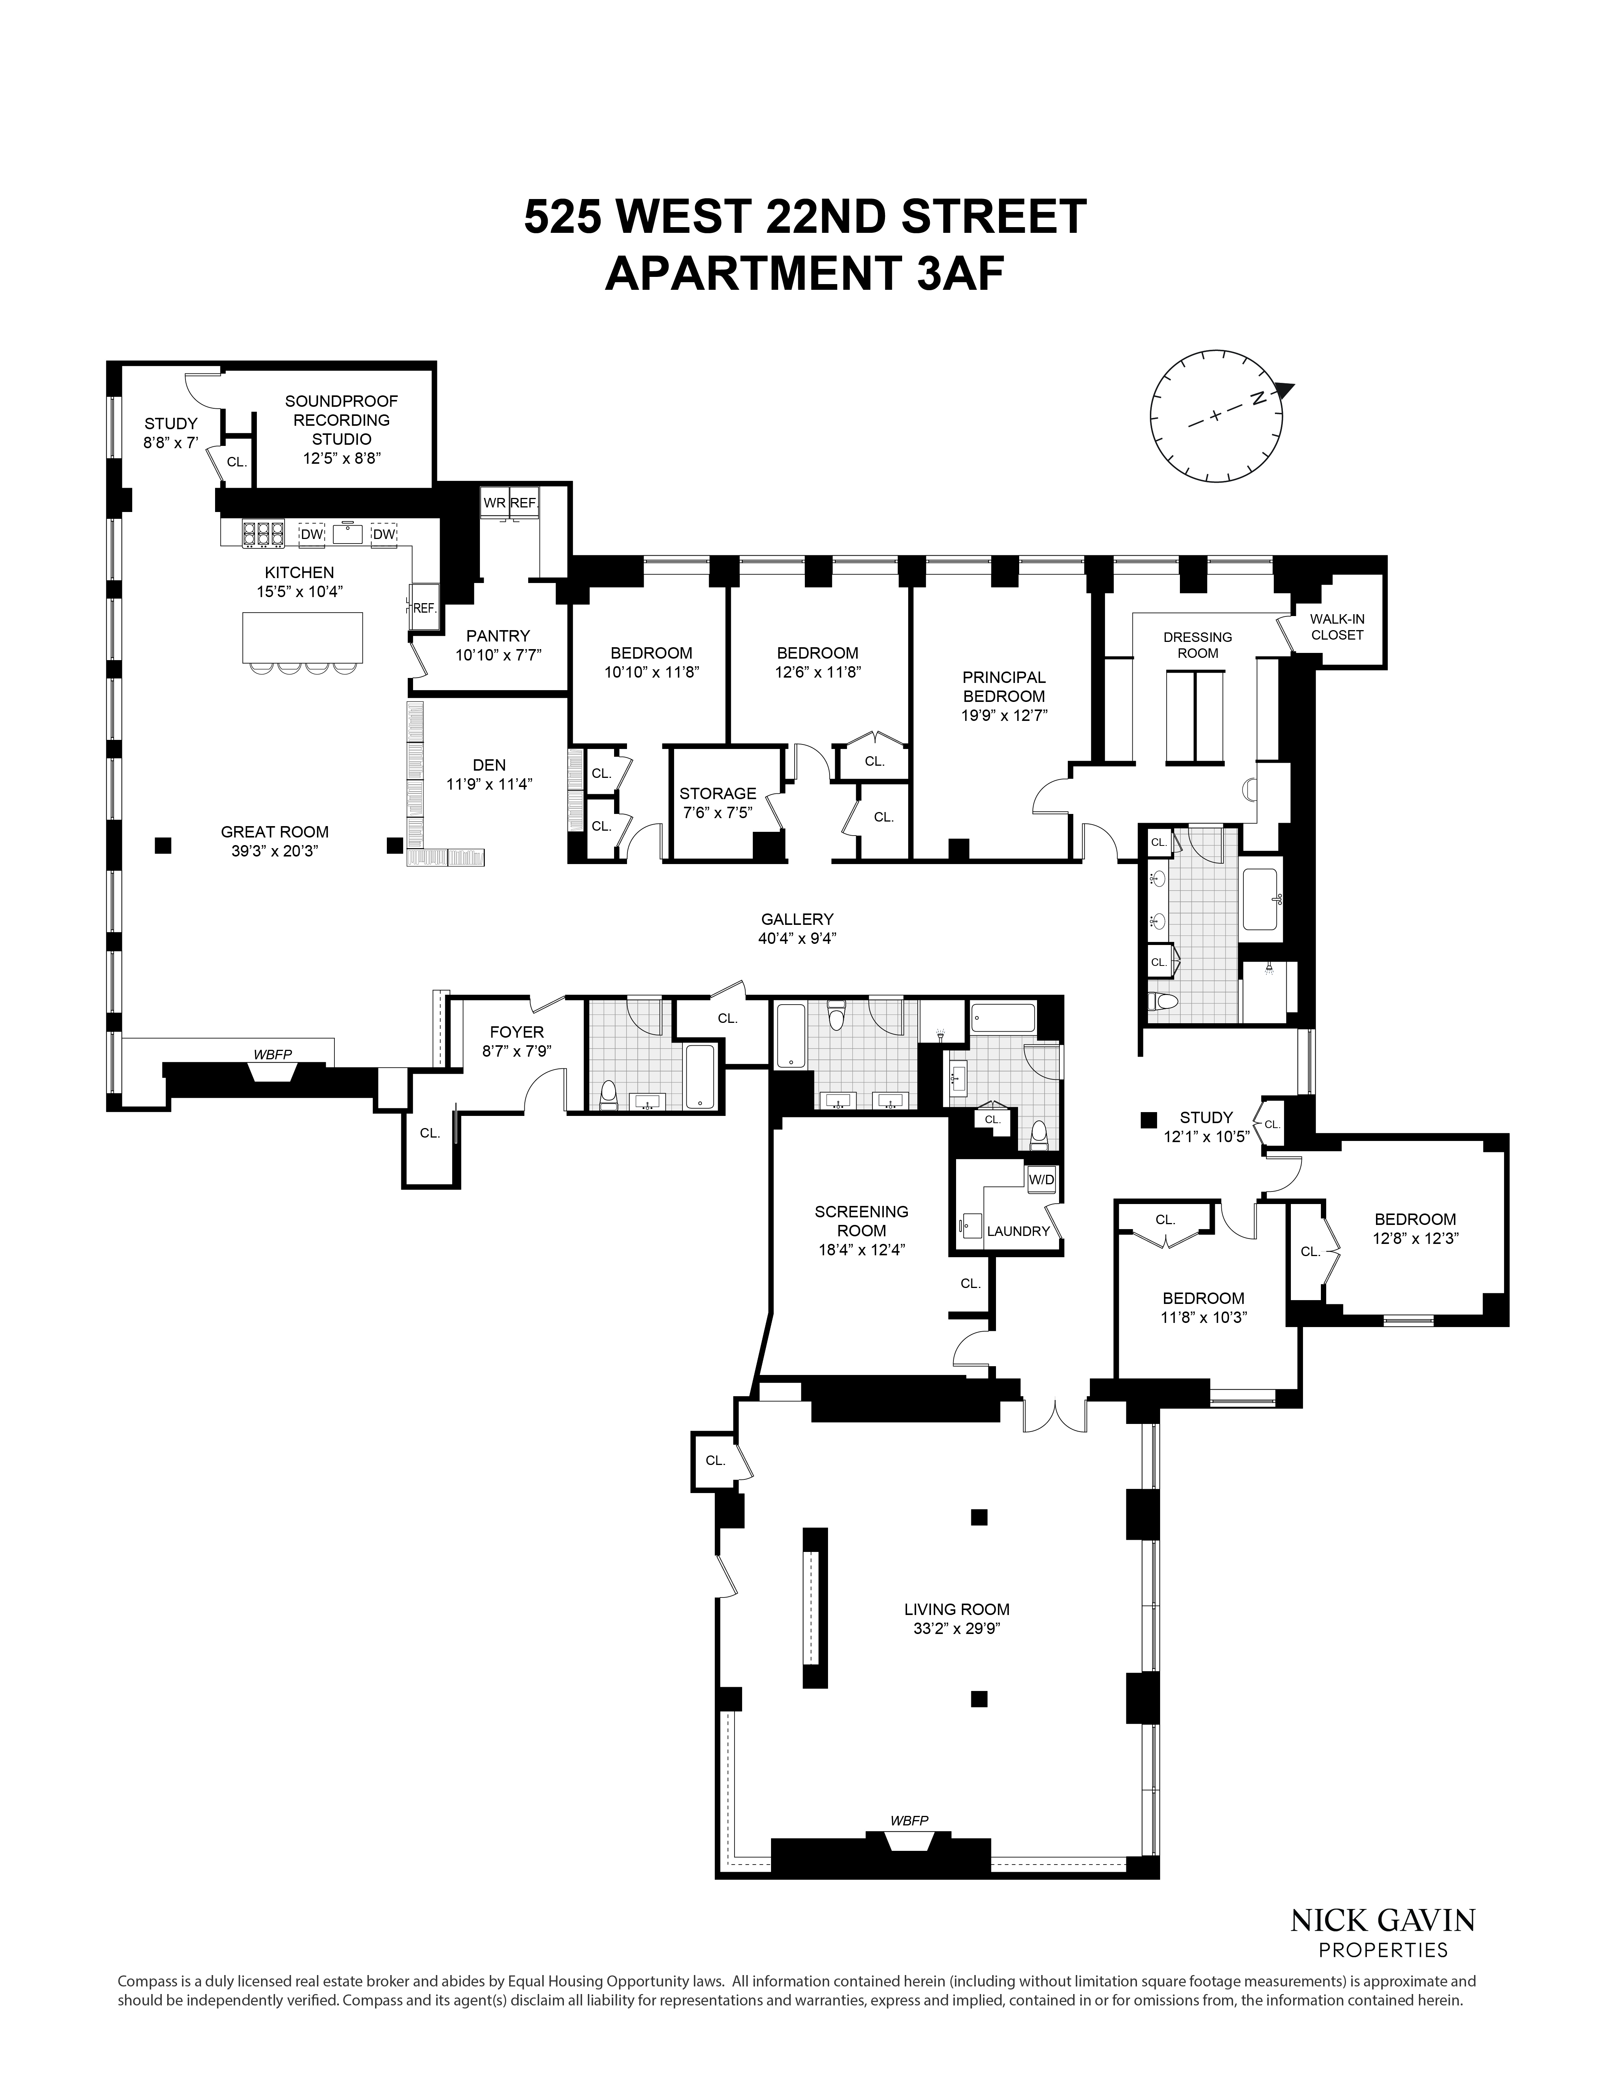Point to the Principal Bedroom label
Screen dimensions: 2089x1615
[1004, 687]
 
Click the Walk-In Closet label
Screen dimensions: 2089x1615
[1336, 626]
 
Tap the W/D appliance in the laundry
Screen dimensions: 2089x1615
[1041, 1179]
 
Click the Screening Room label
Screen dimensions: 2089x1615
[861, 1220]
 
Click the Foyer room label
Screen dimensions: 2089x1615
[517, 1032]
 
